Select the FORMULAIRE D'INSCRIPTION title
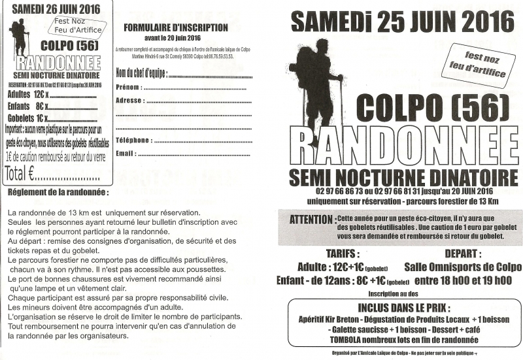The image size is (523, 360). pos(175,28)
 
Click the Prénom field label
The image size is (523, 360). pos(127,86)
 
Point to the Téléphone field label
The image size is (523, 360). pos(133,140)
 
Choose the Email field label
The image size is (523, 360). pos(125,153)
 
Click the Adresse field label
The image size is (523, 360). pos(129,101)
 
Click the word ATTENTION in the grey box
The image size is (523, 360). pos(311,219)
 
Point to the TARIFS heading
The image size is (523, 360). pos(342,254)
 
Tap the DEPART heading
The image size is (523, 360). pos(463,254)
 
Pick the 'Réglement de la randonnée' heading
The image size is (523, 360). pos(58,193)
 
